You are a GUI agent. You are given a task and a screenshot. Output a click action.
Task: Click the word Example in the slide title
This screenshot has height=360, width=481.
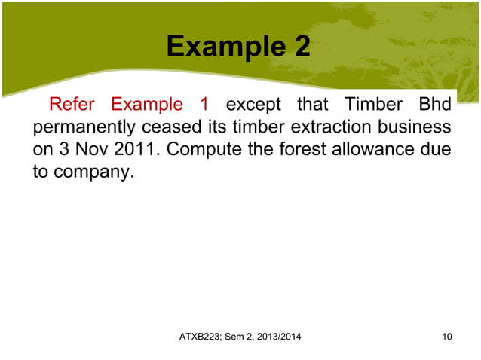click(x=222, y=47)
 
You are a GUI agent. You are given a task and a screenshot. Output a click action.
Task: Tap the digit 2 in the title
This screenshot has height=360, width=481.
click(x=299, y=47)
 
